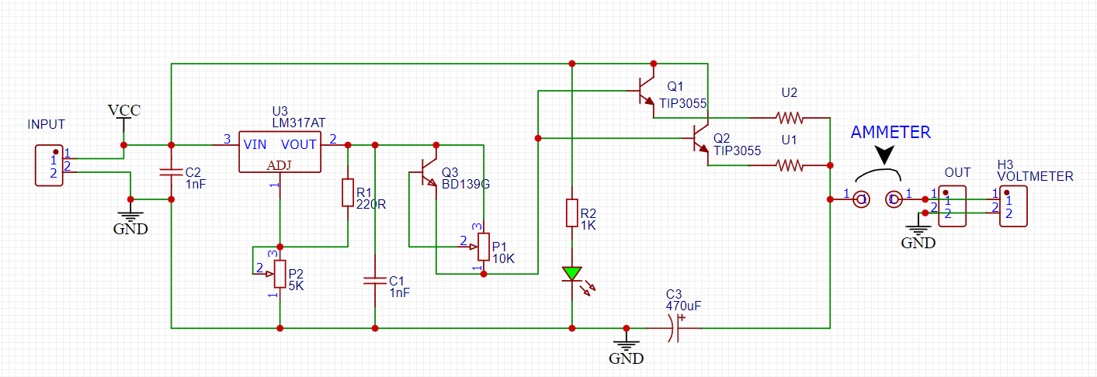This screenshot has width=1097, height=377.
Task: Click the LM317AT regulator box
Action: coord(279,151)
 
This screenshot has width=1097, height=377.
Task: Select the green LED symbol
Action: coord(572,274)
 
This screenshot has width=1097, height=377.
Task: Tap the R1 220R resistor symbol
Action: coord(347,192)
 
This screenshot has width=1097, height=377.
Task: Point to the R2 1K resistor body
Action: coord(572,213)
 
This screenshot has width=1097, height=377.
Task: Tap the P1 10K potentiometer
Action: coord(483,247)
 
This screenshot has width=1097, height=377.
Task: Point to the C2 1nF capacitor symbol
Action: coord(172,172)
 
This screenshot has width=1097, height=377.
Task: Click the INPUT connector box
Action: coord(49,165)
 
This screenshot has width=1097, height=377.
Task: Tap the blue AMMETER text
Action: coord(890,133)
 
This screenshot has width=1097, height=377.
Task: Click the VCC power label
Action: coord(124,111)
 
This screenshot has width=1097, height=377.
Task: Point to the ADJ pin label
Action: coord(279,165)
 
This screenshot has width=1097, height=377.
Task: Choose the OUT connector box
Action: coord(952,206)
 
